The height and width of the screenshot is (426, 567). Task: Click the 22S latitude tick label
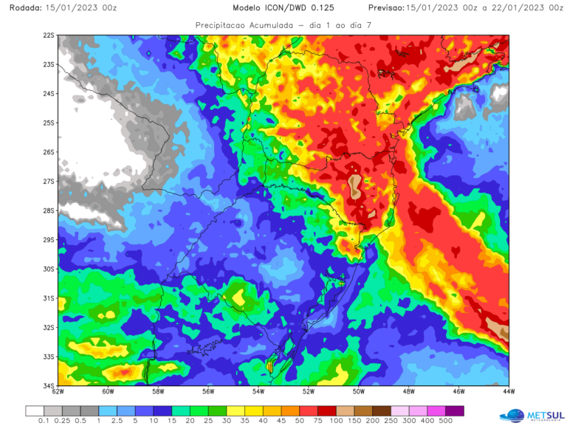pyautogui.click(x=49, y=35)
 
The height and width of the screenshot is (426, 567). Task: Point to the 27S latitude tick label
pyautogui.click(x=49, y=182)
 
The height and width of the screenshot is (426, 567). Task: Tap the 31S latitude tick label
pyautogui.click(x=49, y=298)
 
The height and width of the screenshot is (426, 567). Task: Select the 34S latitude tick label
pyautogui.click(x=49, y=385)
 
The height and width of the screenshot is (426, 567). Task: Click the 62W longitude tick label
pyautogui.click(x=58, y=393)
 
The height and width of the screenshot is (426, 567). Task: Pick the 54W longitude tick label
pyautogui.click(x=258, y=393)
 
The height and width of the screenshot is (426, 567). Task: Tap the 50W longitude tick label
pyautogui.click(x=359, y=393)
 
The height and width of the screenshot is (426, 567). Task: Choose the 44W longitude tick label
pyautogui.click(x=508, y=393)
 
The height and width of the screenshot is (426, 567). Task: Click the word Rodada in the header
pyautogui.click(x=20, y=7)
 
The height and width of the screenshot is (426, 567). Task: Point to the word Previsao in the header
pyautogui.click(x=385, y=7)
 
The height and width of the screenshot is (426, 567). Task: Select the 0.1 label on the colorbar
pyautogui.click(x=44, y=422)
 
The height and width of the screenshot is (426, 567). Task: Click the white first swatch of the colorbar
pyautogui.click(x=35, y=411)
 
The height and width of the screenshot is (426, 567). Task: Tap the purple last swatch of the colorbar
pyautogui.click(x=456, y=411)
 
